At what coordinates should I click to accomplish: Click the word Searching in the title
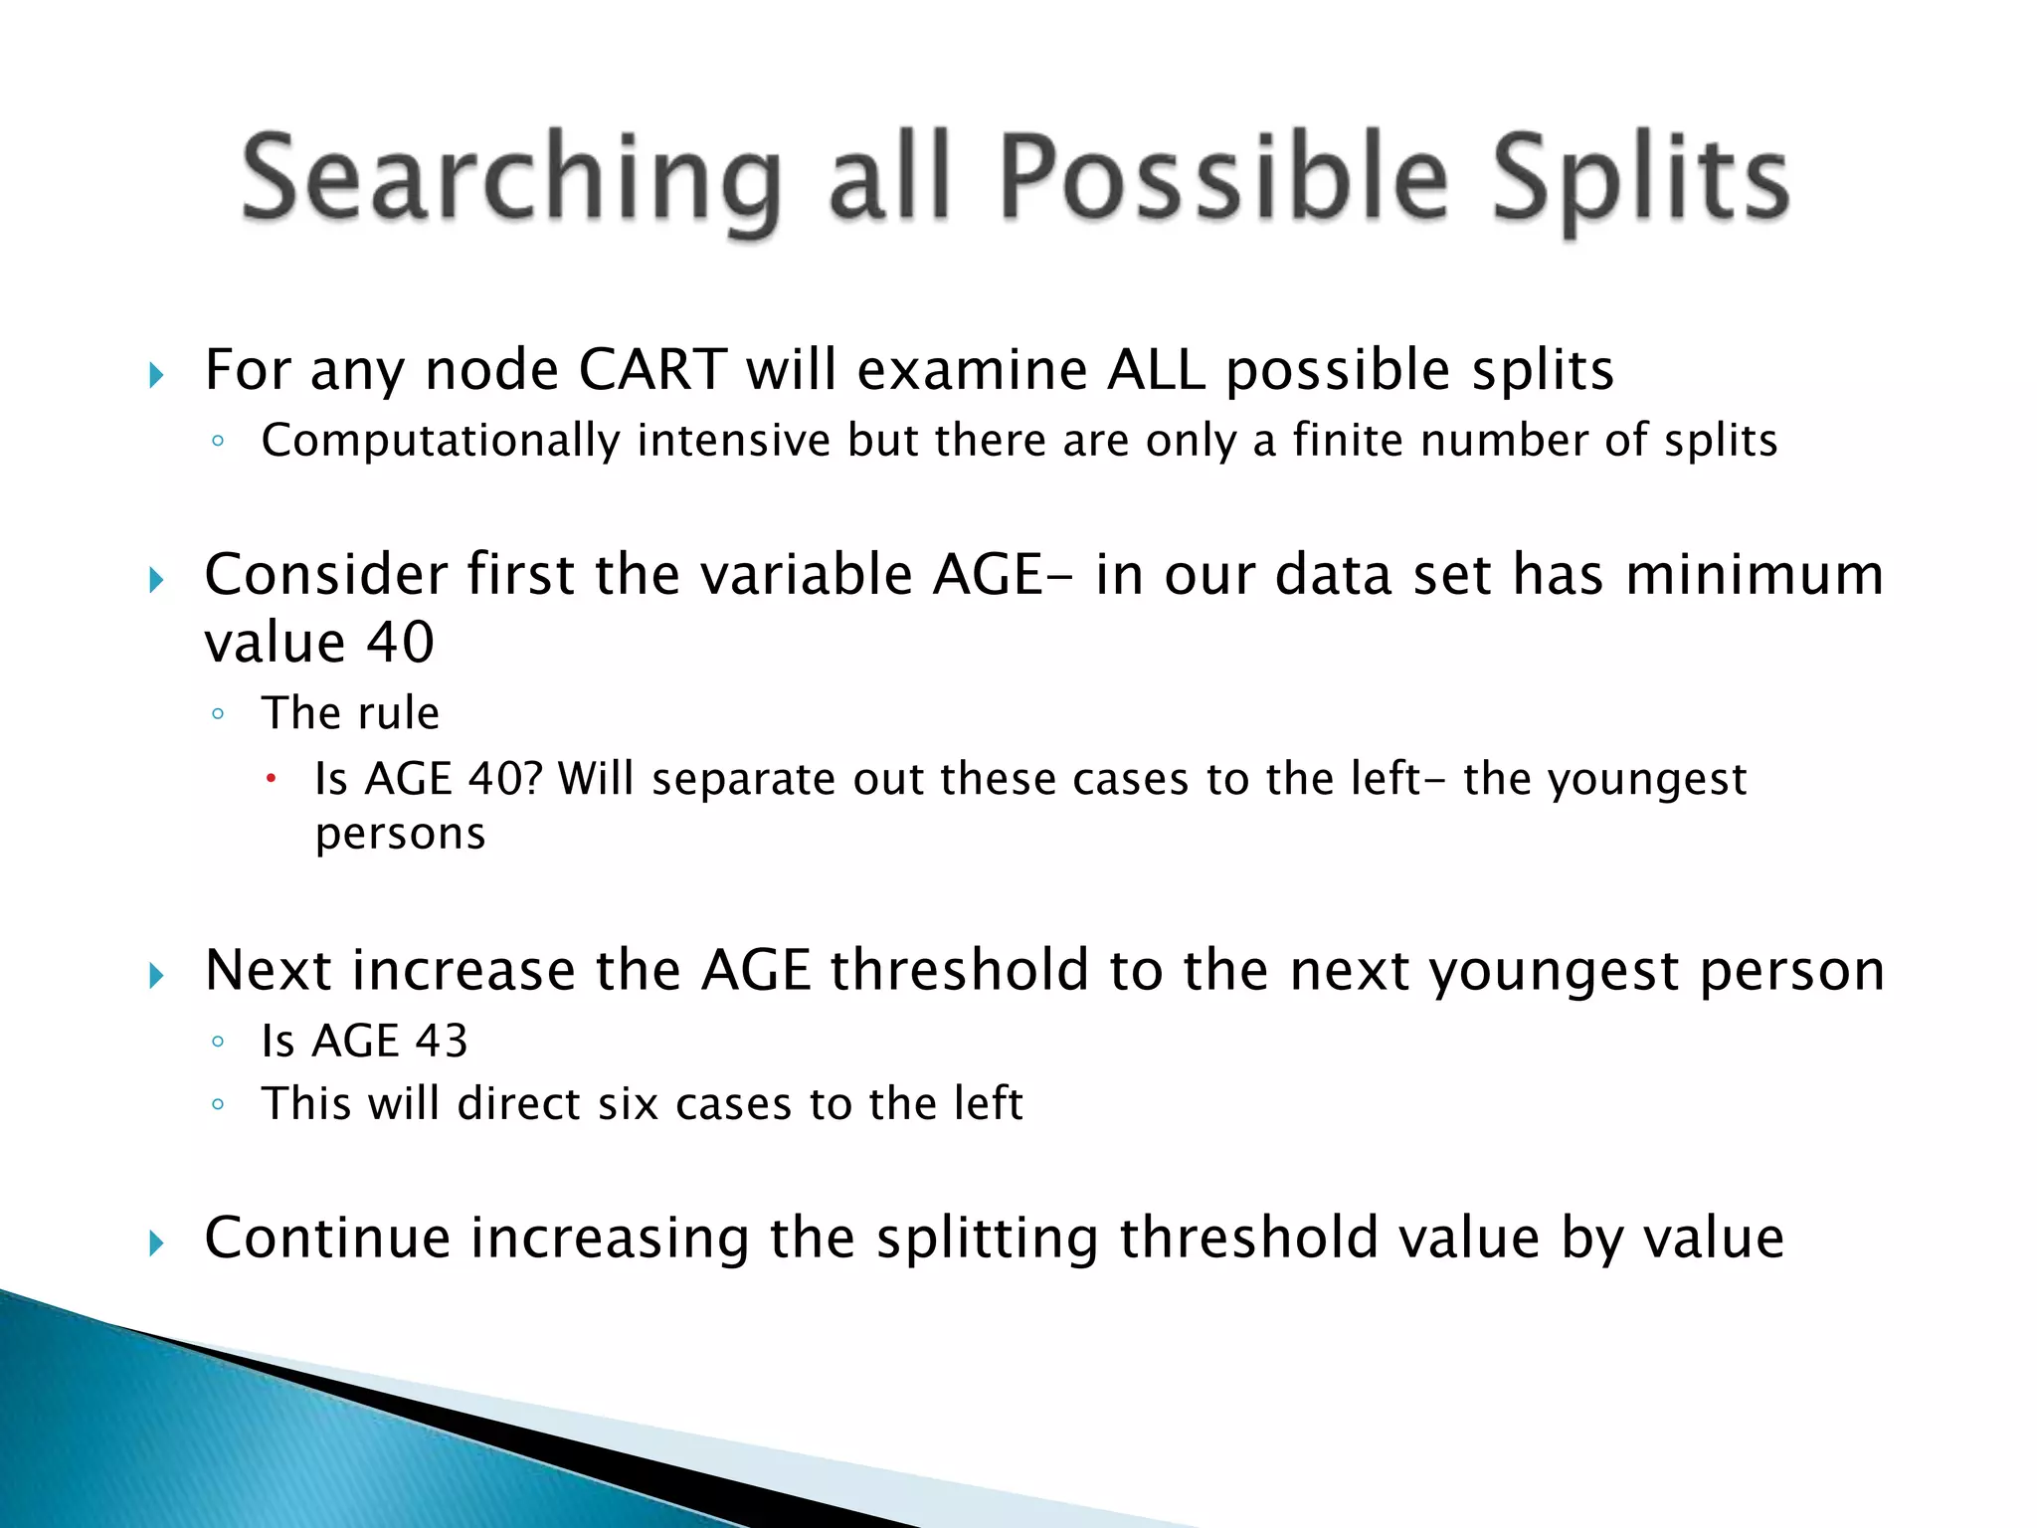pos(510,179)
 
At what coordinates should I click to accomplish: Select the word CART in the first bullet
pos(652,370)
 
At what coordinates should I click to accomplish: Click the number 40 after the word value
pos(401,642)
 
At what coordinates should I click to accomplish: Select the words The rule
pos(350,713)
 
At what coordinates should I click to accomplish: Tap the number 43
pos(441,1042)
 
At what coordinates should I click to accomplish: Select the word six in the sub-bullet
pos(629,1104)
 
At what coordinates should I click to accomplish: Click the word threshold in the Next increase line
pos(960,970)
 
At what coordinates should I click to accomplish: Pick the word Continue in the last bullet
pos(327,1239)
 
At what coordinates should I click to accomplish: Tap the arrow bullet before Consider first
pos(156,579)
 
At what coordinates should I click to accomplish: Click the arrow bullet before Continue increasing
pos(156,1242)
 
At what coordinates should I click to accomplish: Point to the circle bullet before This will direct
pos(218,1104)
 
